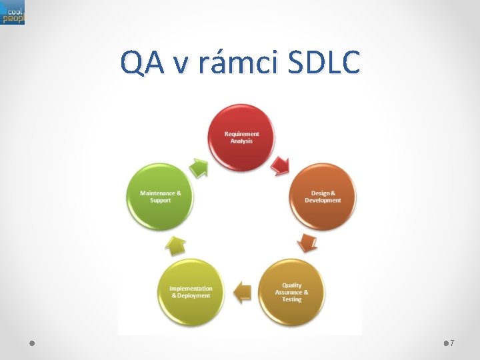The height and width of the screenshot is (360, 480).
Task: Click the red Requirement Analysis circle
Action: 241,137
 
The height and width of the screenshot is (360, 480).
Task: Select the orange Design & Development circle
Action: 323,197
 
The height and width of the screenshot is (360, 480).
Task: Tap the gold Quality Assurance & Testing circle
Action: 291,292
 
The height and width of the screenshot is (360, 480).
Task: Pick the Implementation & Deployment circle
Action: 191,292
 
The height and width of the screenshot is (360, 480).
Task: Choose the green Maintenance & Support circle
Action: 160,197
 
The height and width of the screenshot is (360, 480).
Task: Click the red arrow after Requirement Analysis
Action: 281,163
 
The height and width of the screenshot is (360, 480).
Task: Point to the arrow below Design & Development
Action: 307,242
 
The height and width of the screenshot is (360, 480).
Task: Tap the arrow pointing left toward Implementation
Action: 242,290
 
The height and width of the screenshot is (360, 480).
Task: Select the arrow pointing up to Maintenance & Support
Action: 175,245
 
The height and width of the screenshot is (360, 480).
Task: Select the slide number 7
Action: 452,343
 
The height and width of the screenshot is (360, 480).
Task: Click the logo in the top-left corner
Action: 13,13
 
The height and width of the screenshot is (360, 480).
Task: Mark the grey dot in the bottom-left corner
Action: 32,343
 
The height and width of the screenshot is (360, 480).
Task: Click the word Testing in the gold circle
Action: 291,299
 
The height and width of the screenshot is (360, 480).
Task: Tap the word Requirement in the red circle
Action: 241,134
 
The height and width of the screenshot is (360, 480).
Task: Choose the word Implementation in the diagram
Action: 191,288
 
